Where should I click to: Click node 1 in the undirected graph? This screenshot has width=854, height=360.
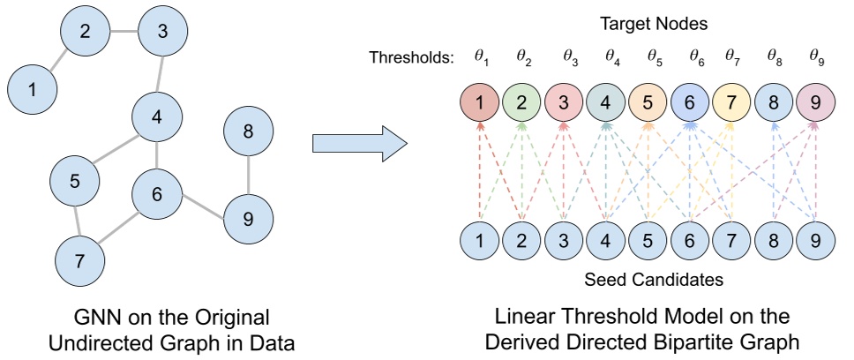tap(33, 89)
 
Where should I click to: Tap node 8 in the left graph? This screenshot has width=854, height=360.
tap(248, 132)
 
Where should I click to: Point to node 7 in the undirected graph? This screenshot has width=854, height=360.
tap(79, 259)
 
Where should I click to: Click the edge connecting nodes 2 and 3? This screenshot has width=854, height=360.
tap(123, 32)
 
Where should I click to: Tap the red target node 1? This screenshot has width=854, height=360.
tap(480, 103)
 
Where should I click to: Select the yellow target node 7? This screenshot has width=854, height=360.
tap(732, 103)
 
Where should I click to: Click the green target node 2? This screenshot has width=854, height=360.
tap(521, 103)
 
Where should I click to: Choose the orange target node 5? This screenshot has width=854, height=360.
tap(648, 103)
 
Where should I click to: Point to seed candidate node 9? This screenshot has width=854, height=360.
tap(816, 239)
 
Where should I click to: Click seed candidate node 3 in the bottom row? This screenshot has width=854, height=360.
tap(564, 239)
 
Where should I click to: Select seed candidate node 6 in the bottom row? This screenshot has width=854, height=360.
tap(690, 239)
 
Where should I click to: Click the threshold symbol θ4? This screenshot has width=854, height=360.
tap(611, 58)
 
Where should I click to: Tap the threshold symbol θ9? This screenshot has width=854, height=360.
tap(817, 58)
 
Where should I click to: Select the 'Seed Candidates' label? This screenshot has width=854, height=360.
tap(648, 280)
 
